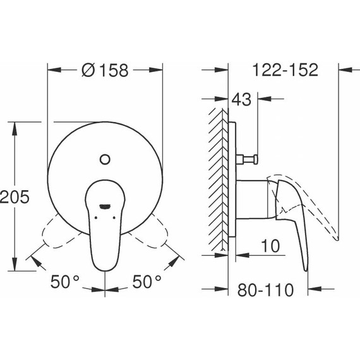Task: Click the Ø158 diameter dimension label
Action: (105, 71)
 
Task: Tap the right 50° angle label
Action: (147, 282)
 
